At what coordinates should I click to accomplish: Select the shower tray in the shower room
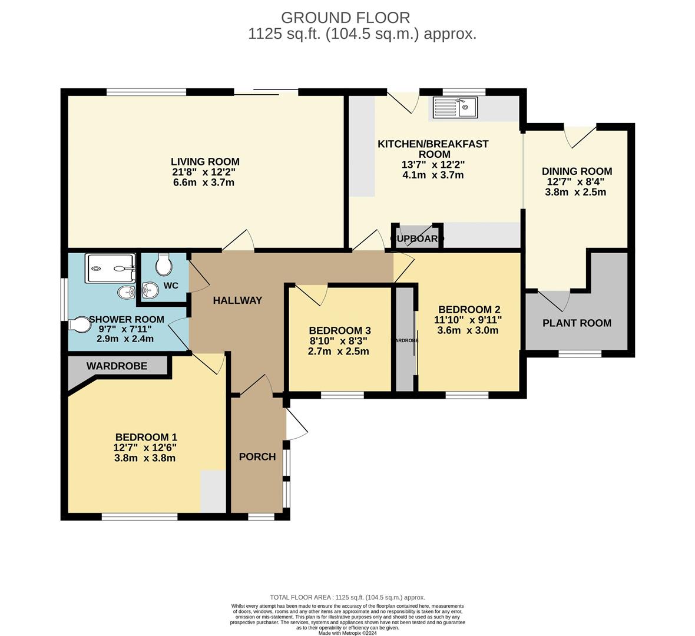(x=111, y=269)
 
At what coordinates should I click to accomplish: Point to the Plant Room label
(x=577, y=323)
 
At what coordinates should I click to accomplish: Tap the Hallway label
(x=237, y=300)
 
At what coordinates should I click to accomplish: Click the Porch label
(x=257, y=456)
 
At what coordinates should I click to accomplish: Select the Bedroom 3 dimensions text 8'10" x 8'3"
(x=339, y=341)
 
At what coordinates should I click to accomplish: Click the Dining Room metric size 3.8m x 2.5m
(x=577, y=192)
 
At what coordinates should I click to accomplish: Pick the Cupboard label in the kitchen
(x=417, y=238)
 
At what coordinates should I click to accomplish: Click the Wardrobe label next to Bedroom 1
(x=117, y=366)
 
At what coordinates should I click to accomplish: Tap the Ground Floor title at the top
(x=345, y=18)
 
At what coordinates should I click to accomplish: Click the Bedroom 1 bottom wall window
(x=140, y=516)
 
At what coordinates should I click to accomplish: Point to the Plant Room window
(x=580, y=353)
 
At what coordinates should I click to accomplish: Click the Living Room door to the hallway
(x=239, y=241)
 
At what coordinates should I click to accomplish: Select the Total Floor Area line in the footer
(x=347, y=597)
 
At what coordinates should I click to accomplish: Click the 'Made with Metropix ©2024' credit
(x=347, y=633)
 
